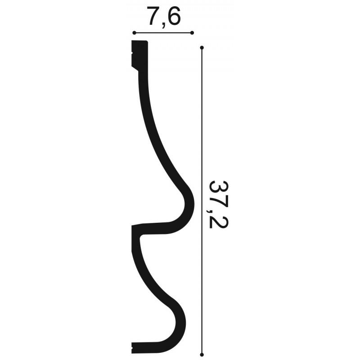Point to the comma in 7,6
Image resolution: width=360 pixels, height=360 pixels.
pos(163,25)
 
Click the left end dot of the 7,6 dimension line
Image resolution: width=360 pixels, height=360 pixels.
pos(134,33)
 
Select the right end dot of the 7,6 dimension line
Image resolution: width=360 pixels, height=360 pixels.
pos(192,33)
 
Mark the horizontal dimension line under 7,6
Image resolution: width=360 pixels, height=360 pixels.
pos(163,33)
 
